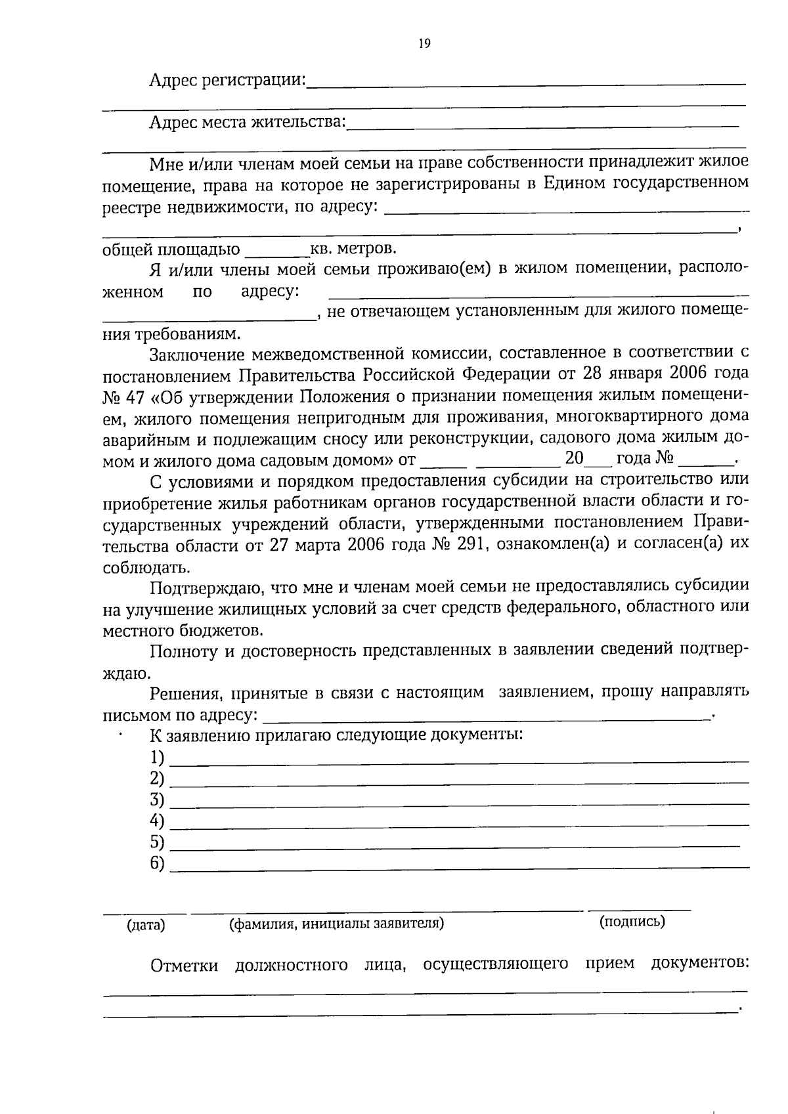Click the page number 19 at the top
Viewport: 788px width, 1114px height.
click(424, 44)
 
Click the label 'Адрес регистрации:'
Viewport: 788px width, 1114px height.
click(227, 81)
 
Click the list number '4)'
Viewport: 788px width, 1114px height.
click(157, 821)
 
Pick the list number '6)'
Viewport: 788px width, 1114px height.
click(157, 863)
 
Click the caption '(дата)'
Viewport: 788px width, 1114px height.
click(146, 926)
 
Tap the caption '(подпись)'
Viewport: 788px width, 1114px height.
click(632, 922)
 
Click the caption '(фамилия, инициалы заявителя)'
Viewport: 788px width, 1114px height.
click(336, 924)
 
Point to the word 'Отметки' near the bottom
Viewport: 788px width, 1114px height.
click(184, 965)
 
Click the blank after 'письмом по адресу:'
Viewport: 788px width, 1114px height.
click(486, 716)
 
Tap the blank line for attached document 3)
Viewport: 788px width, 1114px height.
click(460, 803)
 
